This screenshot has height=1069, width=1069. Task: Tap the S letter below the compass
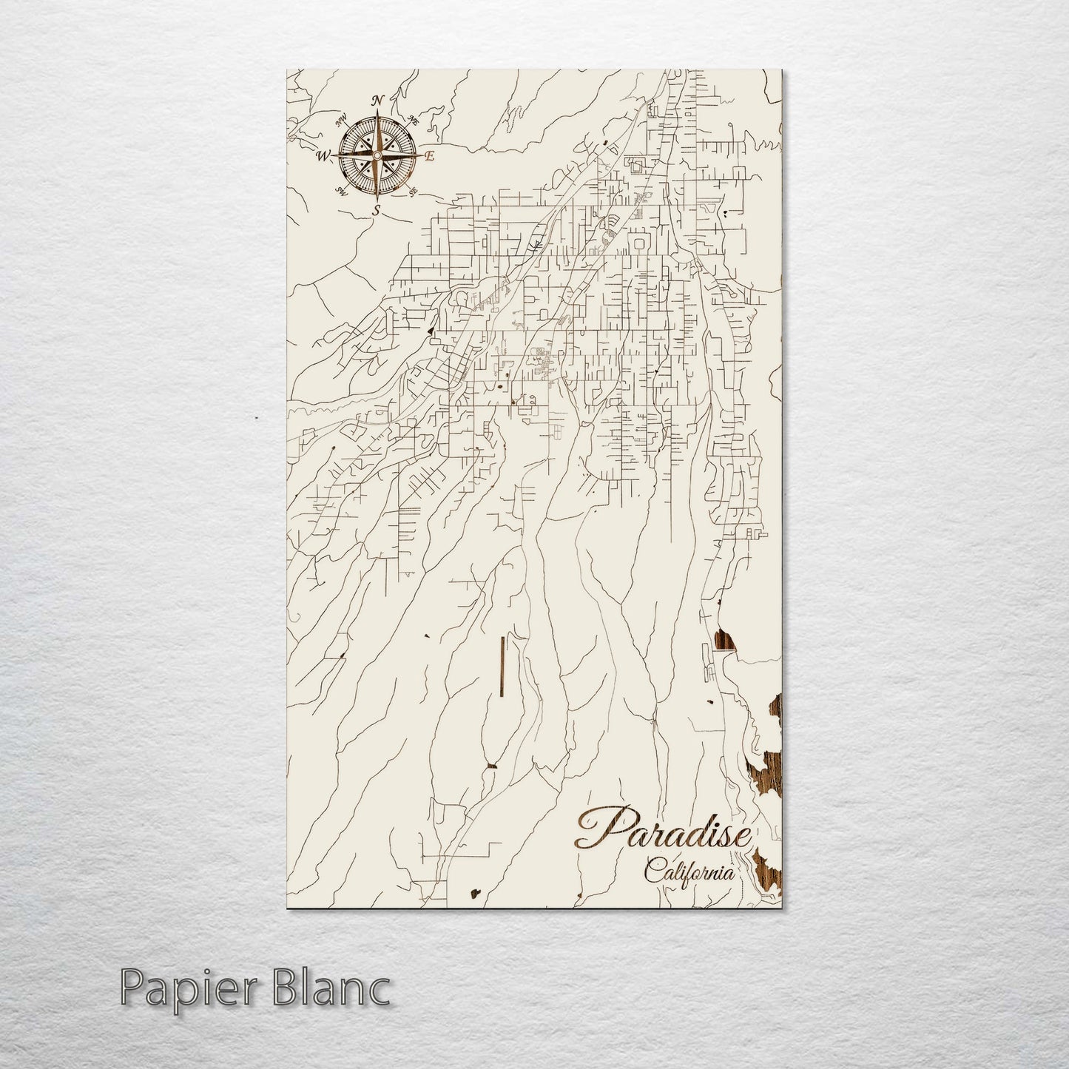[376, 211]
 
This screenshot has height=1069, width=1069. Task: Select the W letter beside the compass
[323, 156]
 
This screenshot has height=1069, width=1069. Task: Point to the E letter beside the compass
[429, 156]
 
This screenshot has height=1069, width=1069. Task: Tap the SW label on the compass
[342, 191]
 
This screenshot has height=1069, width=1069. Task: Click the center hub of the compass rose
[377, 156]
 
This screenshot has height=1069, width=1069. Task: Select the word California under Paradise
[690, 871]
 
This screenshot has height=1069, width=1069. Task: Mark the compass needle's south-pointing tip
[377, 200]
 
